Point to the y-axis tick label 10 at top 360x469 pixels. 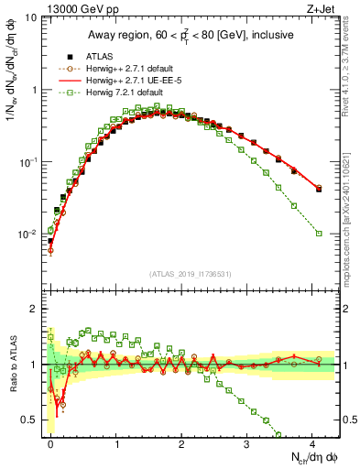[30, 18]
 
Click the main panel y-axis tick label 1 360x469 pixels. [34, 90]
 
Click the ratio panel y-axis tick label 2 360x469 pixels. [34, 309]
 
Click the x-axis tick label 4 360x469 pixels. [311, 443]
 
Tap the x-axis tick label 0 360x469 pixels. [50, 443]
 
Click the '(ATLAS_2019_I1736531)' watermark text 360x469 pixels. [191, 274]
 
